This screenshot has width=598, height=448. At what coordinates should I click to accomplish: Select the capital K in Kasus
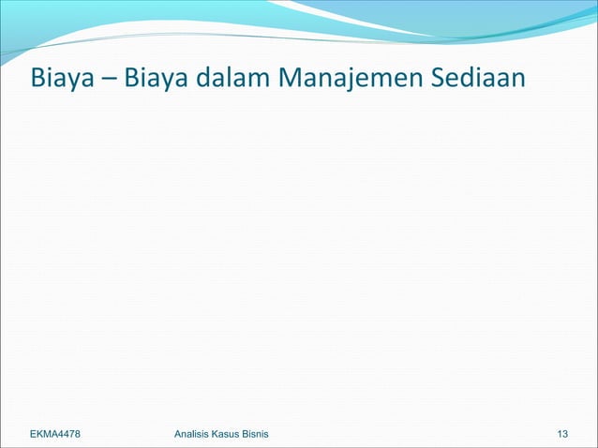pyautogui.click(x=215, y=434)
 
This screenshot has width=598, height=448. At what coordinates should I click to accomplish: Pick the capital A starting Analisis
pyautogui.click(x=166, y=434)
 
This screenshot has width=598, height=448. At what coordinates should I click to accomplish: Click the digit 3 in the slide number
pyautogui.click(x=566, y=434)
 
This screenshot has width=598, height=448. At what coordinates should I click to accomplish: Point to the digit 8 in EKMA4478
pyautogui.click(x=88, y=434)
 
